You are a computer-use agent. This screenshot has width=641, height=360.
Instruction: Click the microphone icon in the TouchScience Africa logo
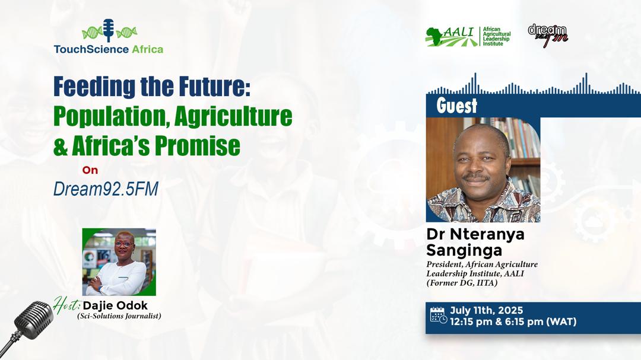click(109, 30)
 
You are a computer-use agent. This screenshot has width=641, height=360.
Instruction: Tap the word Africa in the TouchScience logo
click(147, 49)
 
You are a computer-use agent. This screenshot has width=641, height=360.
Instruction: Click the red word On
click(90, 170)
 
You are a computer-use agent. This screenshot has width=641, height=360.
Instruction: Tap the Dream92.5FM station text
click(106, 189)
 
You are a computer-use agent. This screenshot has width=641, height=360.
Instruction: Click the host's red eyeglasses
click(123, 244)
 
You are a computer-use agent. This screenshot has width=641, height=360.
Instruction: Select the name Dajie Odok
click(115, 305)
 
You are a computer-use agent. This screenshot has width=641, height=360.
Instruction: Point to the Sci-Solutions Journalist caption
click(119, 316)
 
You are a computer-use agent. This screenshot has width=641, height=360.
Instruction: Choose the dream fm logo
click(548, 36)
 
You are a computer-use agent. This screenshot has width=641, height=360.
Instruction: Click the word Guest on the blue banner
click(456, 106)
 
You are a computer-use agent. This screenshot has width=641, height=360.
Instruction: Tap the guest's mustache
click(476, 177)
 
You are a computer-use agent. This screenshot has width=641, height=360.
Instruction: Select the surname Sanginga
click(464, 250)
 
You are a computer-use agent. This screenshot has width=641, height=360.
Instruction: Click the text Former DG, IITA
click(462, 283)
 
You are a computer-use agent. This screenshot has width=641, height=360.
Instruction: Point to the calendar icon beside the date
click(438, 316)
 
